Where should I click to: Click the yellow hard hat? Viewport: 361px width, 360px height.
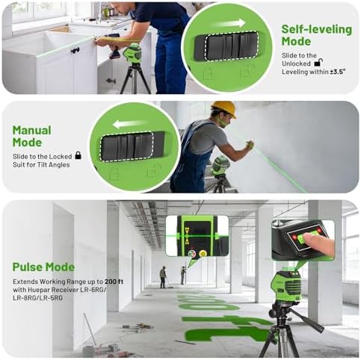(x=223, y=108)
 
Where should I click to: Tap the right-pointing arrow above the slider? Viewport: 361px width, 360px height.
(x=231, y=24)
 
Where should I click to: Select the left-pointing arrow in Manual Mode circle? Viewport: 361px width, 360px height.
(x=129, y=124)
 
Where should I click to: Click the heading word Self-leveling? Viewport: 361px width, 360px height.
(x=317, y=29)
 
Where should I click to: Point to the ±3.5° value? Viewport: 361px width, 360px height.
(x=338, y=72)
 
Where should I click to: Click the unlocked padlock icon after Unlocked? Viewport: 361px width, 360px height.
(x=318, y=62)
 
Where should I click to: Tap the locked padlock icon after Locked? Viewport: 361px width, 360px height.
(x=78, y=155)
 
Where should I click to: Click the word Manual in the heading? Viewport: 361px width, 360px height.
(x=32, y=130)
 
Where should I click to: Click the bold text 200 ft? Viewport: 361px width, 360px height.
(x=114, y=282)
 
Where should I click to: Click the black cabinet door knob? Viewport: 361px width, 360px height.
(x=75, y=51)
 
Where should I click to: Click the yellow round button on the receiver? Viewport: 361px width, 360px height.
(x=203, y=253)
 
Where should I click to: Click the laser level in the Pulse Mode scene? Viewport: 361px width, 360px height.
(x=286, y=285)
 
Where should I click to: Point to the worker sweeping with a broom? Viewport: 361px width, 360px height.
(x=163, y=277)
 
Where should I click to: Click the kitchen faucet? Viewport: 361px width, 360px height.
(x=99, y=13)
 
